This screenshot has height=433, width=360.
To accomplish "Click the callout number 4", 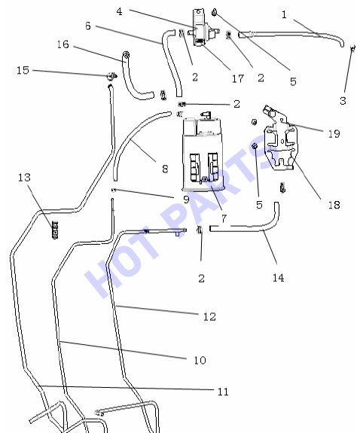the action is click(119, 11).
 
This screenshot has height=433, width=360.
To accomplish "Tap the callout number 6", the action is click(88, 26).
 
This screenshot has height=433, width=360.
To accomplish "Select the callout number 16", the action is click(63, 44).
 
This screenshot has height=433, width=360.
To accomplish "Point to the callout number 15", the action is click(23, 70).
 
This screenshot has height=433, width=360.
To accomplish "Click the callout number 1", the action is click(284, 14).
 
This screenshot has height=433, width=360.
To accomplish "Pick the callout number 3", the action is click(343, 101).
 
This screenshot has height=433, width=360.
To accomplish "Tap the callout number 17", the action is click(238, 79).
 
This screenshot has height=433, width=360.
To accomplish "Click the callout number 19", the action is click(334, 134).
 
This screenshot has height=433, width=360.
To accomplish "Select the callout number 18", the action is click(334, 205).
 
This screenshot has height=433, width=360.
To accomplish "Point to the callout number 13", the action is click(24, 178).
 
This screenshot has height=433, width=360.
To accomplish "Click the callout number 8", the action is click(165, 169).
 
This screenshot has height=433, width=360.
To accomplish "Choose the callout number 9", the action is click(187, 200).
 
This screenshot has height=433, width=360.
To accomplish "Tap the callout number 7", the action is click(224, 219).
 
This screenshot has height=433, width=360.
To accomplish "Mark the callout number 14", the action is click(278, 278).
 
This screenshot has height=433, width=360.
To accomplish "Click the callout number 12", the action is click(209, 317).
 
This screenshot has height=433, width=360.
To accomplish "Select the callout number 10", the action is click(200, 361).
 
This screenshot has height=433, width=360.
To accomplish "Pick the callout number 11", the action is click(223, 392).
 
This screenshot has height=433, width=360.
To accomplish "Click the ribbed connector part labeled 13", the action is click(55, 230).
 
